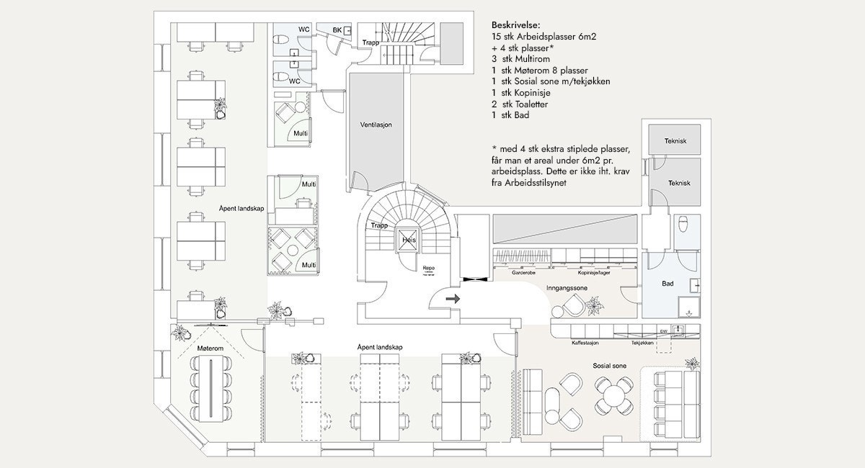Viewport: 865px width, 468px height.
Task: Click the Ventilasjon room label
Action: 376,125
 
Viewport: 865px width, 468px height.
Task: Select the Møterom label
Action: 205,348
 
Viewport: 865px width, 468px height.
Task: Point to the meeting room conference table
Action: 212,391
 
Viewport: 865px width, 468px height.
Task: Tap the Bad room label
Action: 667,284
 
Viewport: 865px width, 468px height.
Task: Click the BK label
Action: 337,30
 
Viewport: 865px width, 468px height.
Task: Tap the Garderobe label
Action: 523,274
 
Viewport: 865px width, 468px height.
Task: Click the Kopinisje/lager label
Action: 595,274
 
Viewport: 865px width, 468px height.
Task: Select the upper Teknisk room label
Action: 675,141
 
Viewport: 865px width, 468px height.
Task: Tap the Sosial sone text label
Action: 609,366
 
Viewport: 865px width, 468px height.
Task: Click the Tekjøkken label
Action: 642,343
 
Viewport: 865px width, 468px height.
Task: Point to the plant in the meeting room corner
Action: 180,332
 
